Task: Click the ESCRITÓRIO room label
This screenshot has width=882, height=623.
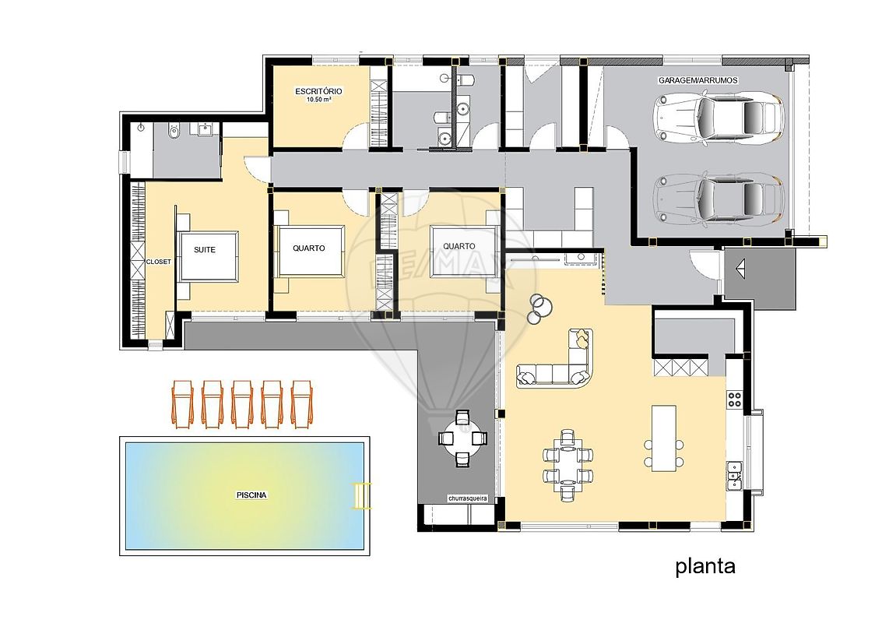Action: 318,91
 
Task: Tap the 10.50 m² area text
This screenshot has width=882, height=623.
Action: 318,100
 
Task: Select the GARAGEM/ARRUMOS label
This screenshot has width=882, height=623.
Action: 698,80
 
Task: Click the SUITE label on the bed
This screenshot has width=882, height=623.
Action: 205,250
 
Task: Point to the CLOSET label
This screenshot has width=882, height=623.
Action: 159,262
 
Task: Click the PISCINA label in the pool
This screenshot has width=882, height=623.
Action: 251,495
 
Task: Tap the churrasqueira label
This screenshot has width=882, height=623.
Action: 467,498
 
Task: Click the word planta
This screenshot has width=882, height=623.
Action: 705,566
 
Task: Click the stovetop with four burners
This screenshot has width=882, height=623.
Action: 735,399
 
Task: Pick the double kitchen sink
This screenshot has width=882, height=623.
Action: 734,473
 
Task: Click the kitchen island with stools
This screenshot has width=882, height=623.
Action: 664,438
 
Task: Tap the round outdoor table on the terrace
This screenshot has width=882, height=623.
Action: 462,438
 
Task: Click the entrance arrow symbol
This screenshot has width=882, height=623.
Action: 740,269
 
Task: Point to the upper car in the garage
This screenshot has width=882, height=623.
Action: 719,116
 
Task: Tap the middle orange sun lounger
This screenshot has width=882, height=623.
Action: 242,404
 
